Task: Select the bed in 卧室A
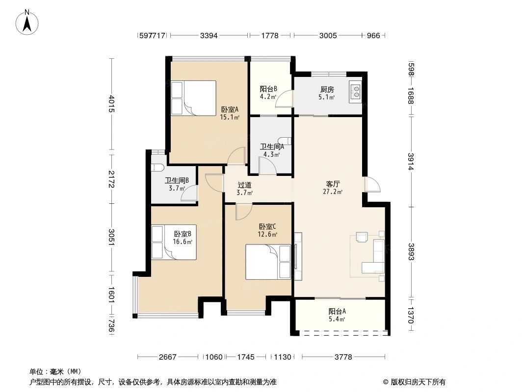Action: (193, 98)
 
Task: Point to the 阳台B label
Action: (268, 89)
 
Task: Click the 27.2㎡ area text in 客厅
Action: (334, 192)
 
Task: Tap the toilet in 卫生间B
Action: (157, 168)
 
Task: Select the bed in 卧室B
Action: (174, 242)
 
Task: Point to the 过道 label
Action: (244, 185)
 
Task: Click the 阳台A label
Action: (337, 311)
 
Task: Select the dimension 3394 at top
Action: (209, 35)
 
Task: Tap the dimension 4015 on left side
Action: (112, 104)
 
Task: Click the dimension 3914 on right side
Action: (411, 161)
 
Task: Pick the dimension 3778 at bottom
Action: (343, 357)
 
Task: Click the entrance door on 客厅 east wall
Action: (372, 184)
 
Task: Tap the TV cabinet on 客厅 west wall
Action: (298, 255)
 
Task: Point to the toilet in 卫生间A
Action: (287, 141)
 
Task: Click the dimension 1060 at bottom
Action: (214, 357)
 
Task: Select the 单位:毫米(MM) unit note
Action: (55, 371)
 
